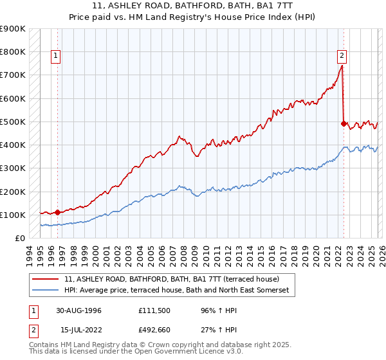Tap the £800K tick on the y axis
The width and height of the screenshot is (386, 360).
pyautogui.click(x=13, y=52)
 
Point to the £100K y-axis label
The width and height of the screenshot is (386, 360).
pyautogui.click(x=13, y=215)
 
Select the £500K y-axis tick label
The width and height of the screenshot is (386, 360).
pyautogui.click(x=13, y=122)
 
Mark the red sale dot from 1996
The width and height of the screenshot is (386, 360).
pyautogui.click(x=57, y=212)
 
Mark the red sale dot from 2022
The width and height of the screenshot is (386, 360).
pyautogui.click(x=344, y=123)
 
